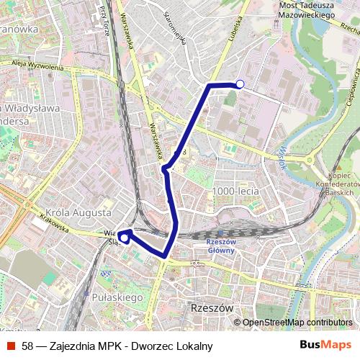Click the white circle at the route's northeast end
tap(240, 84)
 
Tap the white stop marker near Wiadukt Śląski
tap(124, 236)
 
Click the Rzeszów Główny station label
tap(220, 246)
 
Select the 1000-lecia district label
tap(232, 191)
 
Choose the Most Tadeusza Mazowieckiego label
tap(307, 9)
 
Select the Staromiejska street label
tap(175, 28)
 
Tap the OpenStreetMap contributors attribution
tap(297, 323)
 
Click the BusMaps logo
tap(326, 345)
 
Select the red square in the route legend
tap(11, 346)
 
